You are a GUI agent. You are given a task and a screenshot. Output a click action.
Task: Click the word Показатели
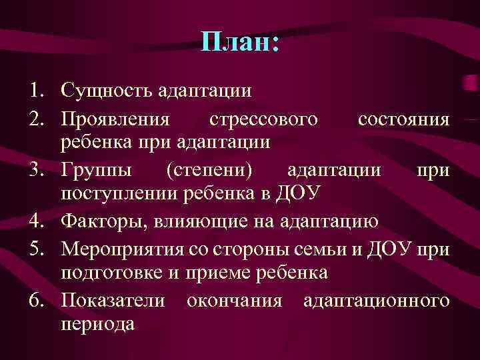tap(113, 301)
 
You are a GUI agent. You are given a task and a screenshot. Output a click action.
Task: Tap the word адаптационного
tap(376, 301)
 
